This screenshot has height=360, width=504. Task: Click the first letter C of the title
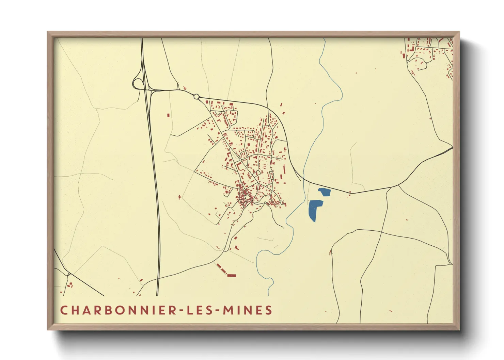64,310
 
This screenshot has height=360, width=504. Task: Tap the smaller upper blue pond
325,192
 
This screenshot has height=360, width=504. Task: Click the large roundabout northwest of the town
196,97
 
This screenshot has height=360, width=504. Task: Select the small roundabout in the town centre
240,160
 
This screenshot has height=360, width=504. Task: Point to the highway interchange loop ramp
138,83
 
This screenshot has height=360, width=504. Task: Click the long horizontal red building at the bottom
232,275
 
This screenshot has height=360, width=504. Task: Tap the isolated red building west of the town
168,115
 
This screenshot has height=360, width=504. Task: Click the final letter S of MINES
269,310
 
